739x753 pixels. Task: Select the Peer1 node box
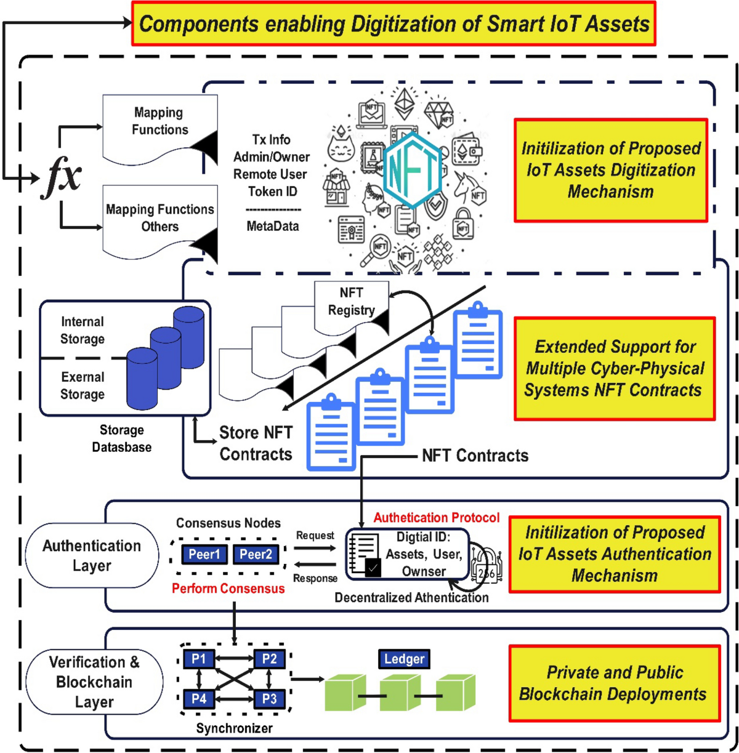point(204,554)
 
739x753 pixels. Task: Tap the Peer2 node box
point(256,554)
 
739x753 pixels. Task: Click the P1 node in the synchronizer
point(198,659)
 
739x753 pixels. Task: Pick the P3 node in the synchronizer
point(269,699)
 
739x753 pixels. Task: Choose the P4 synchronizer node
point(198,699)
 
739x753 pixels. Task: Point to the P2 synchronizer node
point(269,659)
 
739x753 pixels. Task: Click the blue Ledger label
point(404,659)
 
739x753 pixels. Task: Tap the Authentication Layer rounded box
point(92,555)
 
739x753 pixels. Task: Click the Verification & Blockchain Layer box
point(94,682)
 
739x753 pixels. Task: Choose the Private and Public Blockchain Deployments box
point(614,683)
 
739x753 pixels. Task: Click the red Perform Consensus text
point(228,589)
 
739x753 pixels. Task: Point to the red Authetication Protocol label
point(436,518)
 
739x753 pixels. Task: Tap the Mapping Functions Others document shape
point(160,219)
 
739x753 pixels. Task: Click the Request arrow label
point(315,536)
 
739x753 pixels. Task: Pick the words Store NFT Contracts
point(256,443)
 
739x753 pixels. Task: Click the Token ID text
point(272,191)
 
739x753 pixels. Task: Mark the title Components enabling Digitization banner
point(394,24)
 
